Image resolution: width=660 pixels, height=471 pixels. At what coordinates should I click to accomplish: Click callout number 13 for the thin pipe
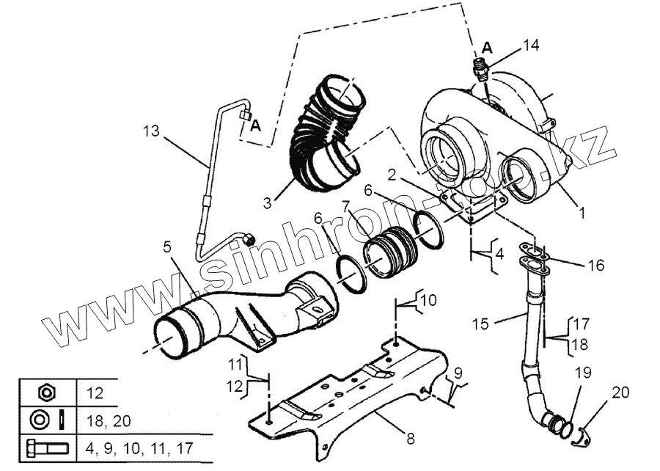point(150,132)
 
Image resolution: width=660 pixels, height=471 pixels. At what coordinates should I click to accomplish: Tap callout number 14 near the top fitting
point(531,45)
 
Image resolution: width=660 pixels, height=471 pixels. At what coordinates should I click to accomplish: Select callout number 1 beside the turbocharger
point(582,213)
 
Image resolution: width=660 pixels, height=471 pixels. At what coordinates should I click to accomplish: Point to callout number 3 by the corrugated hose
point(267,200)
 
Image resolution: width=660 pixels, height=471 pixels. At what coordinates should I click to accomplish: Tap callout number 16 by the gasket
point(596,265)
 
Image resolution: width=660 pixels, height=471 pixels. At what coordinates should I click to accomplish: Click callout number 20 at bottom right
point(620,393)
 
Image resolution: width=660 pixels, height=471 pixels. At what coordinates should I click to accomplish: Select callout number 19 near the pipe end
point(582,373)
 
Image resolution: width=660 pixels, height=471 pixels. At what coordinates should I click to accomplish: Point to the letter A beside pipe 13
point(255,125)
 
